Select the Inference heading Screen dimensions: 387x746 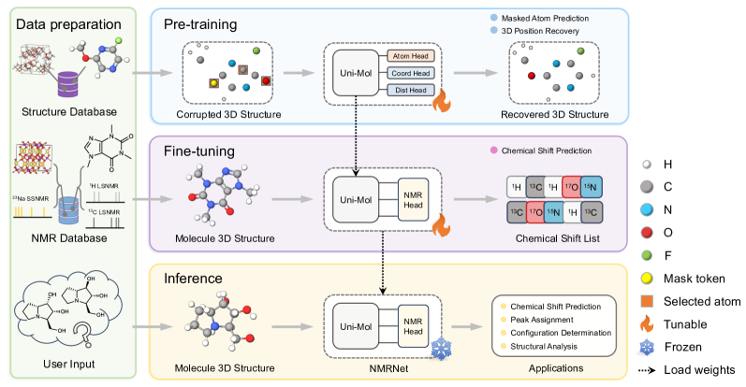click(195, 278)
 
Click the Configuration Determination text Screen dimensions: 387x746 click(560, 332)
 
